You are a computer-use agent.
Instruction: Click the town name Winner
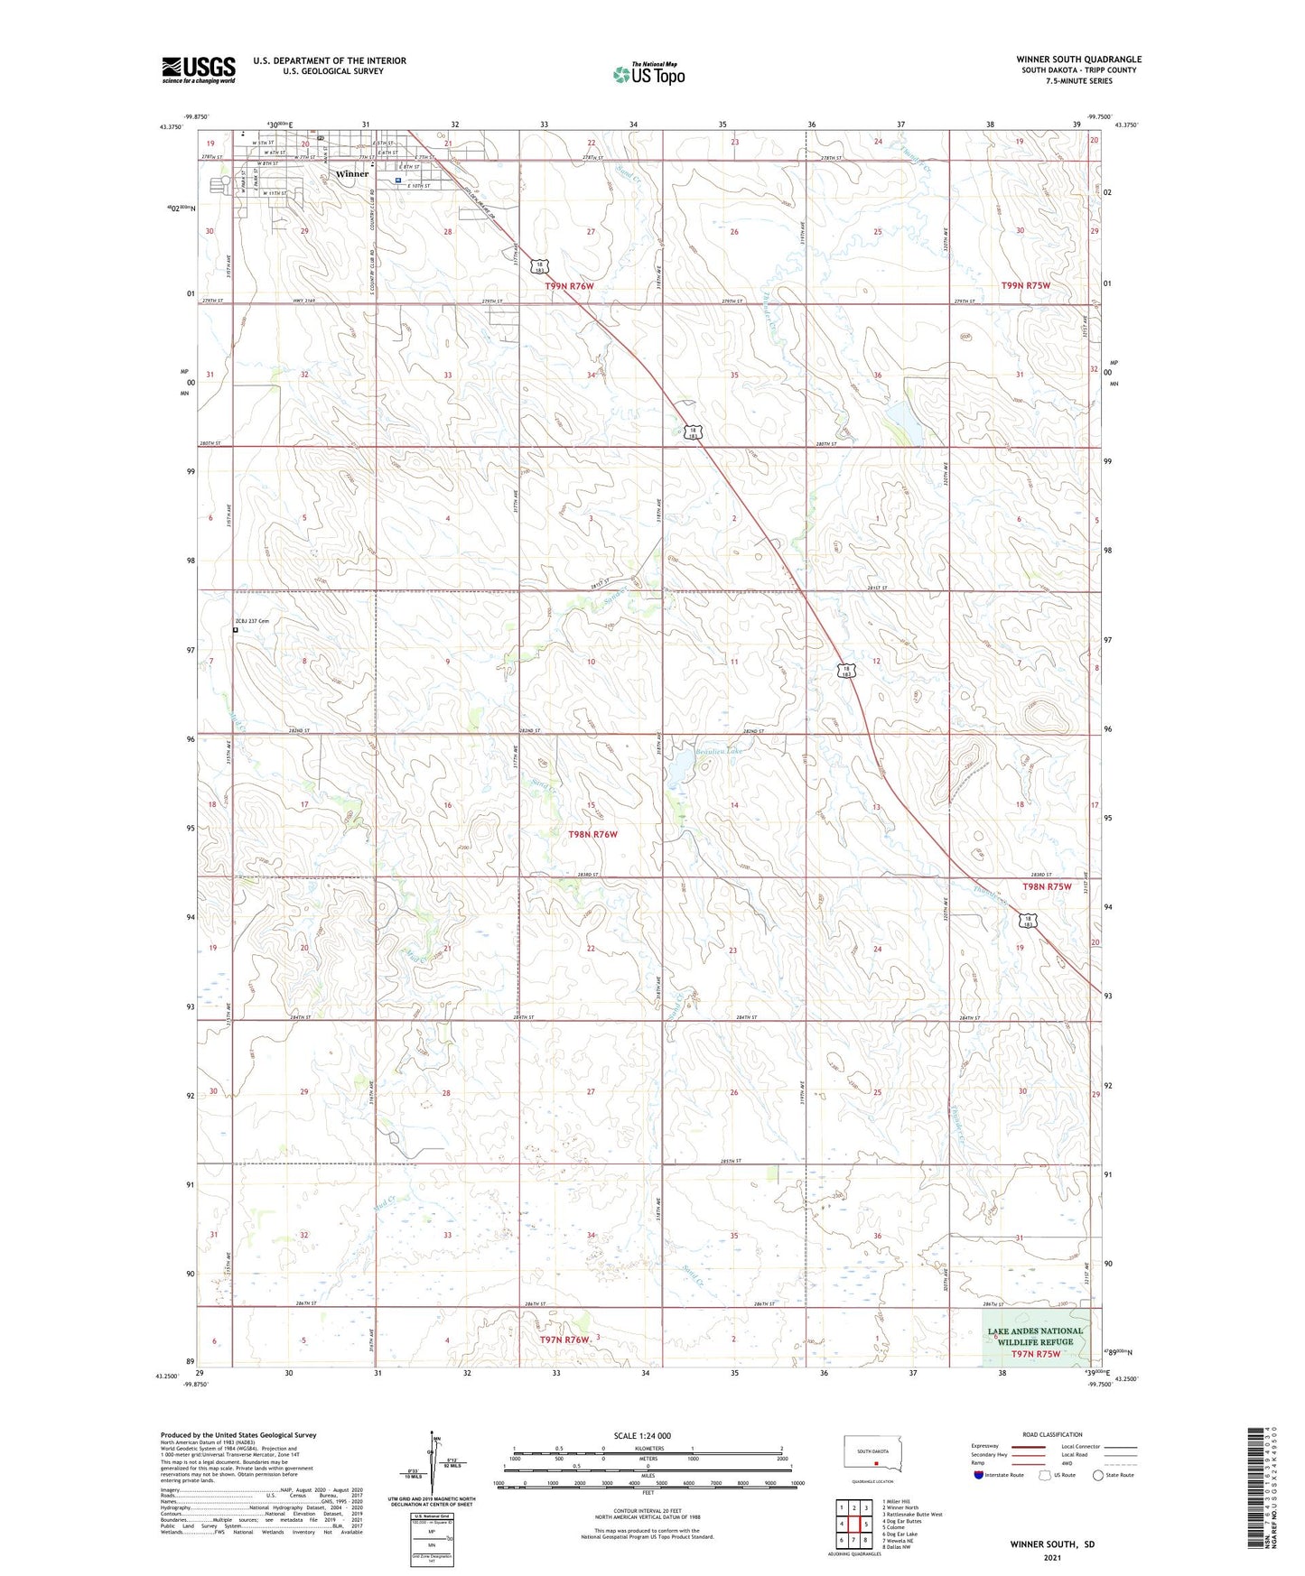click(351, 173)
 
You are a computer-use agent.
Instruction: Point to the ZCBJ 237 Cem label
click(253, 621)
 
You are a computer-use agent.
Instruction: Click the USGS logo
click(199, 70)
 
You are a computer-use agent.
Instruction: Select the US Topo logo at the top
click(648, 74)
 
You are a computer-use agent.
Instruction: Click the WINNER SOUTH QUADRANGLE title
click(1078, 60)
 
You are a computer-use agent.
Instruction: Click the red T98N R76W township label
click(592, 834)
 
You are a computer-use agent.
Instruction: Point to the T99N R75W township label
click(1026, 285)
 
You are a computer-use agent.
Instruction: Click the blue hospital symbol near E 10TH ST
click(397, 181)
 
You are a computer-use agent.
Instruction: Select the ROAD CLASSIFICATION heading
click(1052, 1434)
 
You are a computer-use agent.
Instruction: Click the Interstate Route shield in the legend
click(979, 1475)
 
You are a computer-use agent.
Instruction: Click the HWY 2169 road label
click(322, 300)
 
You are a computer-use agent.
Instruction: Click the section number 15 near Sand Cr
click(592, 805)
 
